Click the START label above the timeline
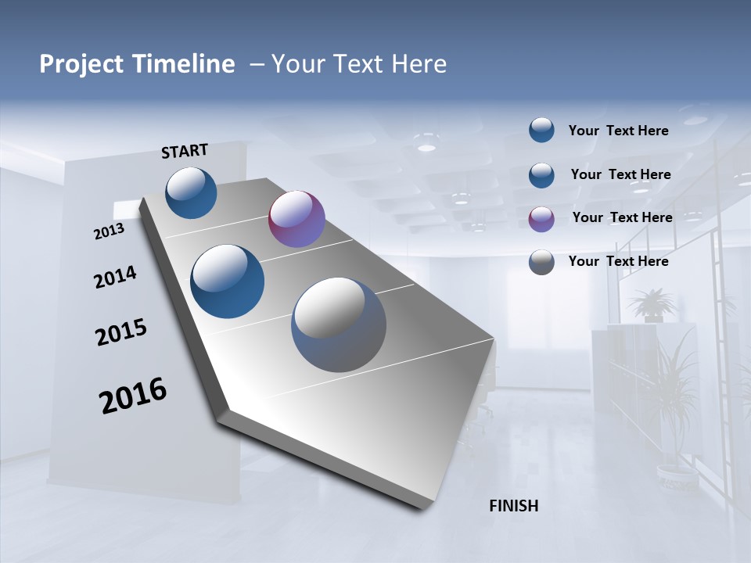(x=185, y=151)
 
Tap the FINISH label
(x=514, y=506)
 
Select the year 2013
(x=109, y=231)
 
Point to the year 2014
(x=115, y=278)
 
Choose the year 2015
(x=121, y=332)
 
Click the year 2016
(x=133, y=396)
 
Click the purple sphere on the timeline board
(x=296, y=219)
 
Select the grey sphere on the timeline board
(x=339, y=325)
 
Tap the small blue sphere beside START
(x=192, y=192)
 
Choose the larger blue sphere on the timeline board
(x=228, y=281)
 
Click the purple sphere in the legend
(x=541, y=219)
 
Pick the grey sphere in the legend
(x=541, y=262)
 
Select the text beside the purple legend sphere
(x=622, y=217)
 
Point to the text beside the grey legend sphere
(x=619, y=261)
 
